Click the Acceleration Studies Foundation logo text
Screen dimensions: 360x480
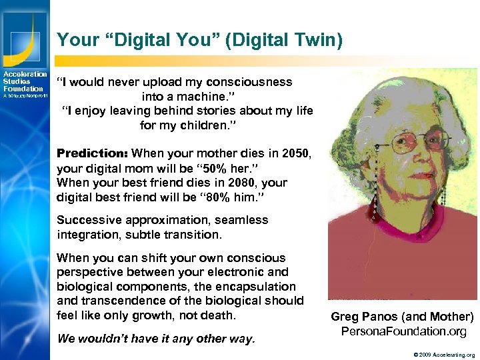click(25, 81)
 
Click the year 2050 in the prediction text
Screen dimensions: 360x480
click(295, 153)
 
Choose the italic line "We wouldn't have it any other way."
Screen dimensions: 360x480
click(156, 339)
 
